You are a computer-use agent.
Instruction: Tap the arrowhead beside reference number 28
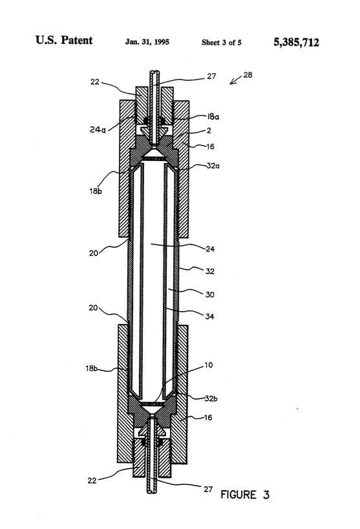pyautogui.click(x=232, y=82)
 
